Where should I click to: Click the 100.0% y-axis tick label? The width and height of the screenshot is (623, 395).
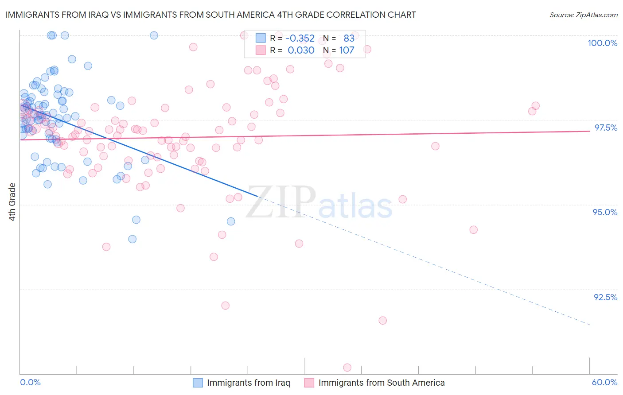[602, 43]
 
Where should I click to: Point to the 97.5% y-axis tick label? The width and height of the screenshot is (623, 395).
[605, 128]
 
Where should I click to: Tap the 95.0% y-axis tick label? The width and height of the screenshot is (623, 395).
[605, 212]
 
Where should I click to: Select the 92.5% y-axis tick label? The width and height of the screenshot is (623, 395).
[605, 297]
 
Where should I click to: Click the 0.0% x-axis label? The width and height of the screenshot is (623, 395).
[30, 382]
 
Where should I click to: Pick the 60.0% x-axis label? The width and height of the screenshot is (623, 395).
[604, 382]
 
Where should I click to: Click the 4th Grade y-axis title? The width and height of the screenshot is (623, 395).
[12, 202]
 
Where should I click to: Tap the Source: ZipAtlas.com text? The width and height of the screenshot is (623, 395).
[583, 15]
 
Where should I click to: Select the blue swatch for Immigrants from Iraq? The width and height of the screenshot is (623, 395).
[198, 383]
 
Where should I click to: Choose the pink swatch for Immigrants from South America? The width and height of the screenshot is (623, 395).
[309, 383]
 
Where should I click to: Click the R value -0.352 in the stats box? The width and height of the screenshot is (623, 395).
[300, 39]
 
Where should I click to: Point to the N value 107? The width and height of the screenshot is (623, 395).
[347, 50]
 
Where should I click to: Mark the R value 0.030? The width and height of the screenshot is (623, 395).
[301, 50]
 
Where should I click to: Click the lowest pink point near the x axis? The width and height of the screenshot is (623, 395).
[347, 368]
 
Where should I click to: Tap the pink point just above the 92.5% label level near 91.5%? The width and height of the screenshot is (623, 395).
[382, 320]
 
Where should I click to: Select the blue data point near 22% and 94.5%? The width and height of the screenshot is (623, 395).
[231, 221]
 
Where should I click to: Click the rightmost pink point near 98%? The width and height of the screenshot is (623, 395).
[535, 106]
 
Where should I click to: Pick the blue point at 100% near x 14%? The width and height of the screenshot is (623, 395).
[154, 35]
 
